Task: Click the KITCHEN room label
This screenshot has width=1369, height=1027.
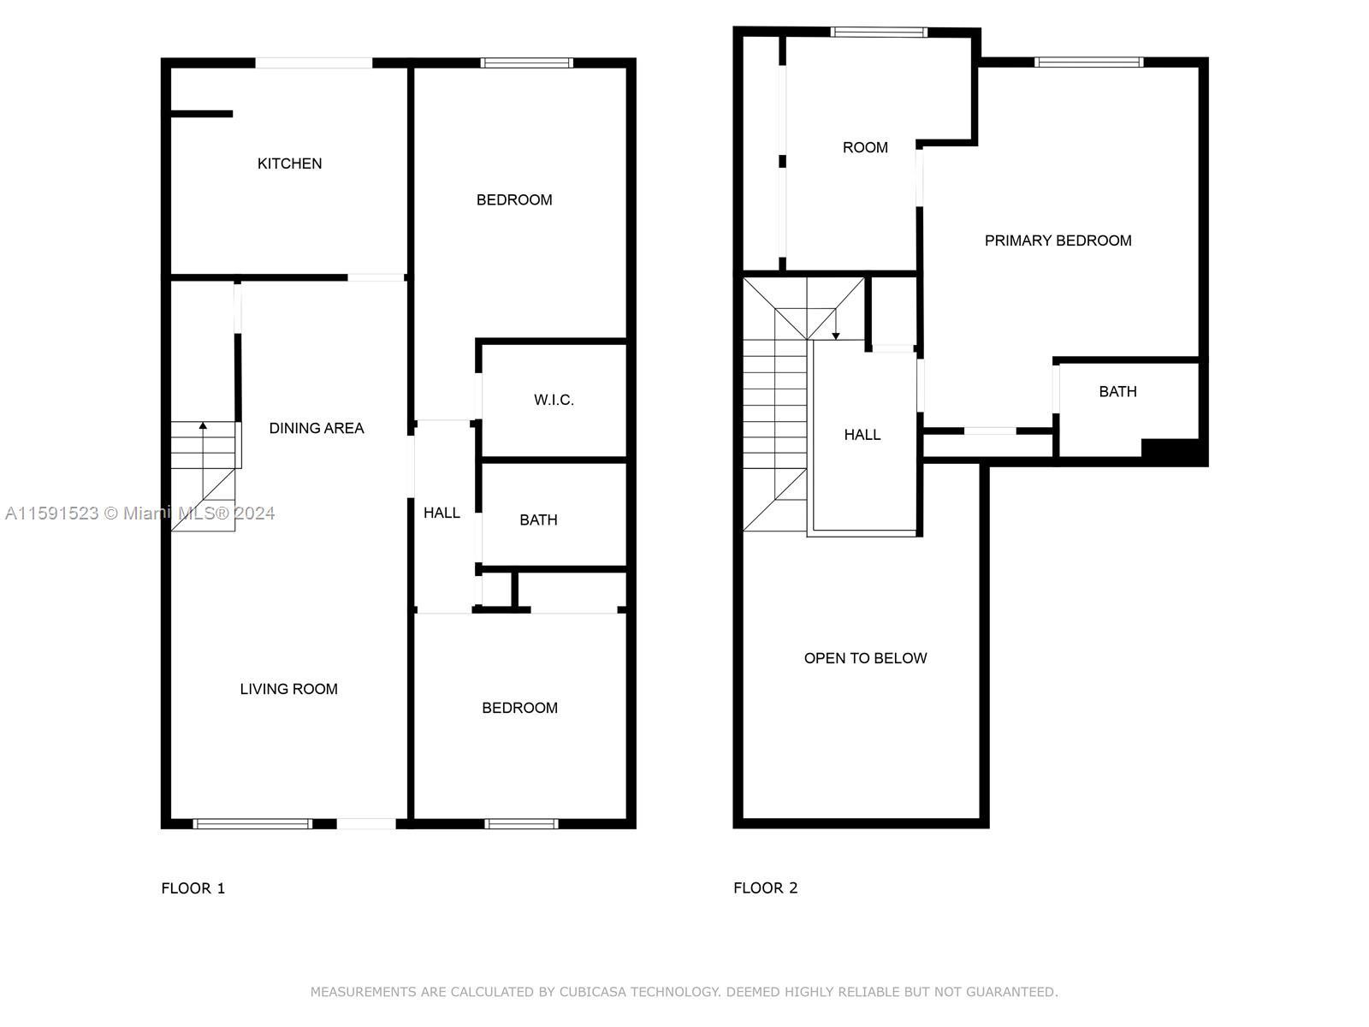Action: pyautogui.click(x=289, y=163)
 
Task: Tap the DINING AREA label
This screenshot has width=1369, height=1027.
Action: pyautogui.click(x=317, y=429)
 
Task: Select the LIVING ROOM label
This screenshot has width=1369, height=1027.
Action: pyautogui.click(x=288, y=689)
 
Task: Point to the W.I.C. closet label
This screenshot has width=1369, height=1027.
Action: pyautogui.click(x=554, y=401)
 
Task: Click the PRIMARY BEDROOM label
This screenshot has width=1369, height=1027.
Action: pyautogui.click(x=1058, y=240)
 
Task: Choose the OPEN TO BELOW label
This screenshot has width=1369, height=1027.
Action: pyautogui.click(x=865, y=658)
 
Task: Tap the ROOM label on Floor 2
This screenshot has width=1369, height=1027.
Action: pyautogui.click(x=865, y=148)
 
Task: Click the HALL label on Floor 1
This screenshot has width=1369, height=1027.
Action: pyautogui.click(x=442, y=513)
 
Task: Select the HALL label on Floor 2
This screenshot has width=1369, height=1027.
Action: pyautogui.click(x=862, y=436)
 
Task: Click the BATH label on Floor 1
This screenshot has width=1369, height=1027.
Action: pyautogui.click(x=538, y=520)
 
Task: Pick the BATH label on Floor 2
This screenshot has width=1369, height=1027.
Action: pyautogui.click(x=1117, y=392)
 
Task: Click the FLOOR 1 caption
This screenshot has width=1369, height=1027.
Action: pyautogui.click(x=193, y=888)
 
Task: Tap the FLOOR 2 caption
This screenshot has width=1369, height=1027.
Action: pyautogui.click(x=765, y=888)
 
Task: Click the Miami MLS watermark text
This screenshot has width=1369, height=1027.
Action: pyautogui.click(x=139, y=513)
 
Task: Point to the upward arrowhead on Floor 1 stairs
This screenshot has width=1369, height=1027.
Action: pyautogui.click(x=203, y=426)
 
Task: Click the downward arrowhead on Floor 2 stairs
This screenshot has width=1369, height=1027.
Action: pyautogui.click(x=836, y=336)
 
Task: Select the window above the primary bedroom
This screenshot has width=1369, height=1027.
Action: pyautogui.click(x=1088, y=62)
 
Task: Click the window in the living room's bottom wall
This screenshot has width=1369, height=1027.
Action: pyautogui.click(x=252, y=823)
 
